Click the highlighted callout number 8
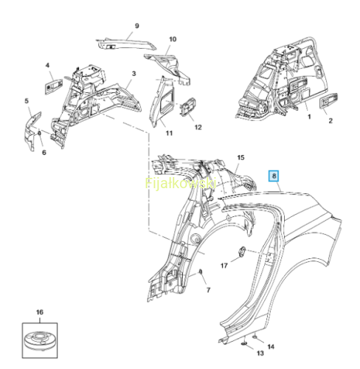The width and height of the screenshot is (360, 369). click(x=274, y=176)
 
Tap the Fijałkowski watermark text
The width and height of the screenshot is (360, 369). click(x=181, y=183)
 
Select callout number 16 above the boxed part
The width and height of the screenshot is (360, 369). click(x=40, y=312)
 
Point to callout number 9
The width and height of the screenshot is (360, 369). click(x=137, y=26)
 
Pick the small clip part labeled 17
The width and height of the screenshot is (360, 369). click(x=241, y=252)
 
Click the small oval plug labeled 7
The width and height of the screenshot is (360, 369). click(x=201, y=272)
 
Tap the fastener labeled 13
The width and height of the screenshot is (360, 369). click(x=244, y=344)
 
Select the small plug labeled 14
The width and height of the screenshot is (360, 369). click(x=255, y=337)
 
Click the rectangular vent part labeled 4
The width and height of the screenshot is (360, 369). click(x=53, y=86)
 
